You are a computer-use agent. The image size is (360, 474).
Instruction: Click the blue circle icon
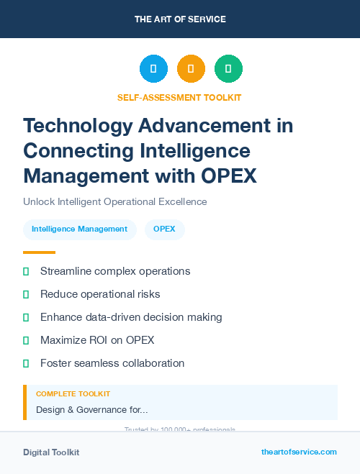[153, 69]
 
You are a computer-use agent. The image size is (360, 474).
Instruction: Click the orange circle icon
[191, 69]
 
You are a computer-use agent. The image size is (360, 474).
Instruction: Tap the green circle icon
[228, 69]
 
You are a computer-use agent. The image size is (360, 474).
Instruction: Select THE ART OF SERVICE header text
[179, 19]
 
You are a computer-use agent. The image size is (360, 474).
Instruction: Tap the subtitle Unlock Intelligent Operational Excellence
[114, 201]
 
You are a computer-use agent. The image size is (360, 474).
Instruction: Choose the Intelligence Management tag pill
[79, 229]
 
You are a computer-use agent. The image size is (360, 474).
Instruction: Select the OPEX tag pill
[165, 229]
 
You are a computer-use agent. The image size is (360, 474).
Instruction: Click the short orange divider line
[39, 252]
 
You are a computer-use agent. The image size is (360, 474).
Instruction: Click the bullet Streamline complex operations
[115, 271]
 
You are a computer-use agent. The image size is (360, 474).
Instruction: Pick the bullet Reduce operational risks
[100, 294]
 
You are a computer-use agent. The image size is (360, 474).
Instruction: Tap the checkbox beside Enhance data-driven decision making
[26, 317]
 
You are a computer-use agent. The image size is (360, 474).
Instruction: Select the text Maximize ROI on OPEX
[97, 339]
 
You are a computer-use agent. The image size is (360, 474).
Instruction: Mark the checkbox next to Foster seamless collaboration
[26, 363]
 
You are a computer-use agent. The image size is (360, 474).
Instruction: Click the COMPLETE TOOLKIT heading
[73, 394]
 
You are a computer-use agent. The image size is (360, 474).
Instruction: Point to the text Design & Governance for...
[91, 409]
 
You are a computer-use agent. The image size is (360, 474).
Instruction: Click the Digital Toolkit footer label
[51, 452]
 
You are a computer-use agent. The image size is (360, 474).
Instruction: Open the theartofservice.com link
[299, 452]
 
